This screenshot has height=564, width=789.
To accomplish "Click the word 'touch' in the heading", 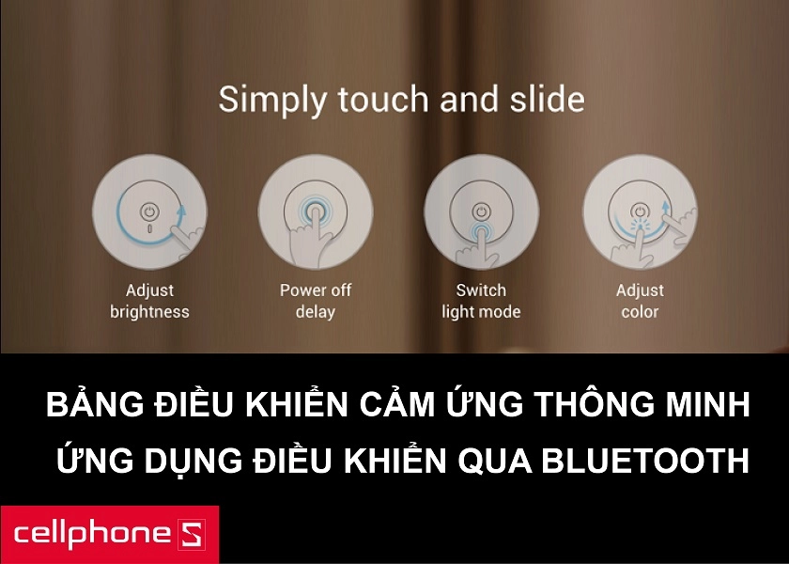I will (379, 99).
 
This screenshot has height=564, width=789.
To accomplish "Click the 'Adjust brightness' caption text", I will (149, 301).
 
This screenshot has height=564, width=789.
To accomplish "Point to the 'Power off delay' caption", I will (316, 301).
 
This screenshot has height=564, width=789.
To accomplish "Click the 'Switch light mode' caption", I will (481, 301).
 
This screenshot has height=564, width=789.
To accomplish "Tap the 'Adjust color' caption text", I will (640, 301).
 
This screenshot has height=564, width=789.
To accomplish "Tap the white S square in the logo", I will (189, 535).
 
